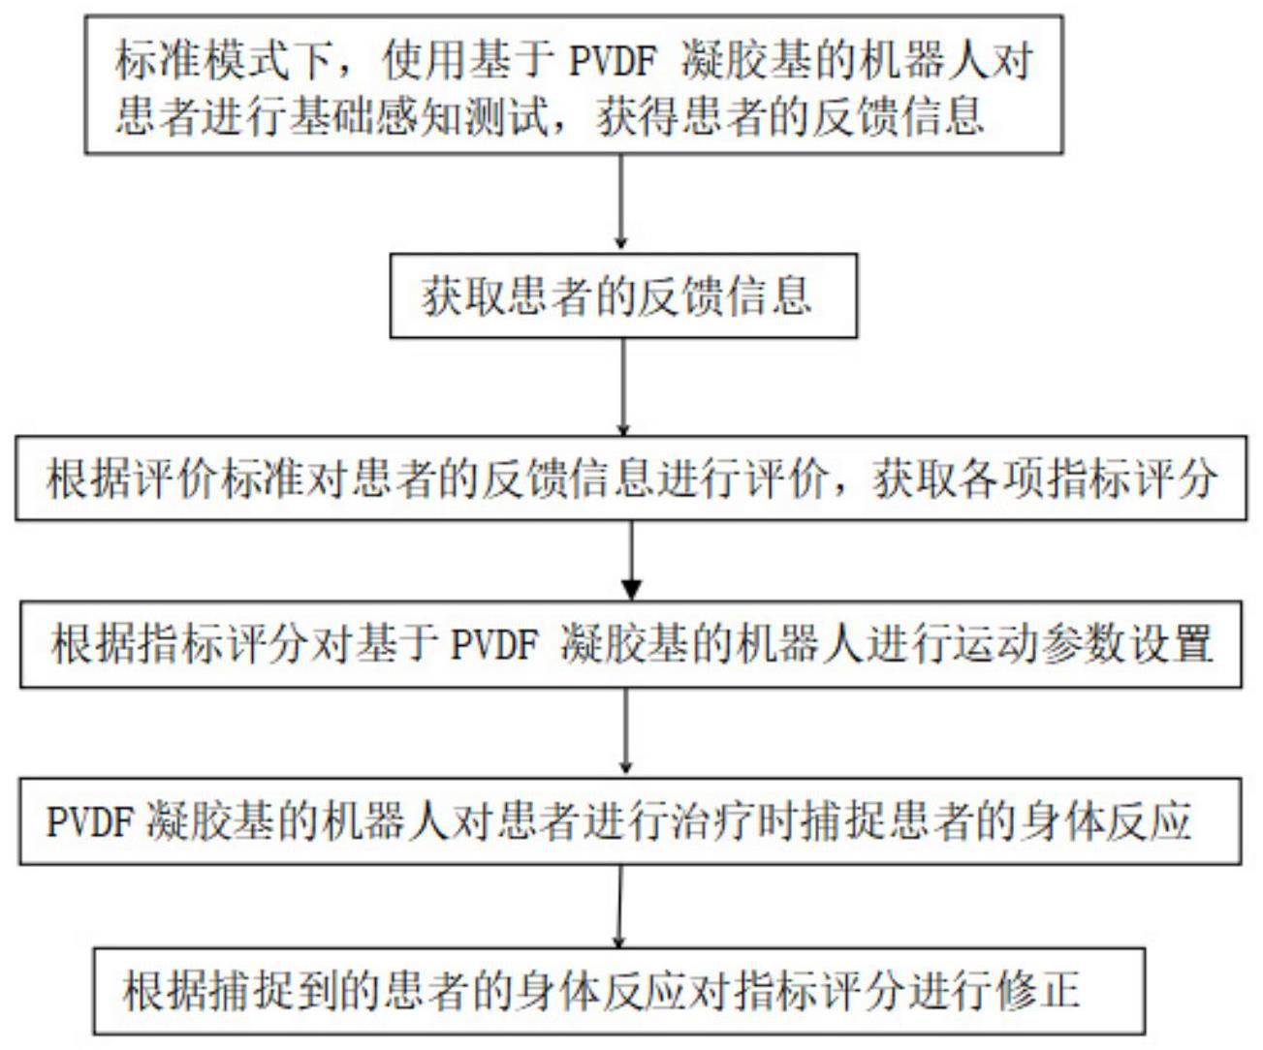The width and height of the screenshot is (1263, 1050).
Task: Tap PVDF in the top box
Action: point(612,62)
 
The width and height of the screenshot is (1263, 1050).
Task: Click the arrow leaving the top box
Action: point(621,202)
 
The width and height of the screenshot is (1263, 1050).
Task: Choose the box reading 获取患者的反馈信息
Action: point(623,295)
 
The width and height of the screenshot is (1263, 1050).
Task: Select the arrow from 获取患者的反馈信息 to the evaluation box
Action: point(623,386)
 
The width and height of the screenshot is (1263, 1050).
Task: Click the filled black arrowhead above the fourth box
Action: point(632,589)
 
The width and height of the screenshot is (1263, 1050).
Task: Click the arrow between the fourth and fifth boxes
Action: point(626,731)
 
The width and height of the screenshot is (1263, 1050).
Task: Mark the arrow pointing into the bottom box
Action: point(620,906)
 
